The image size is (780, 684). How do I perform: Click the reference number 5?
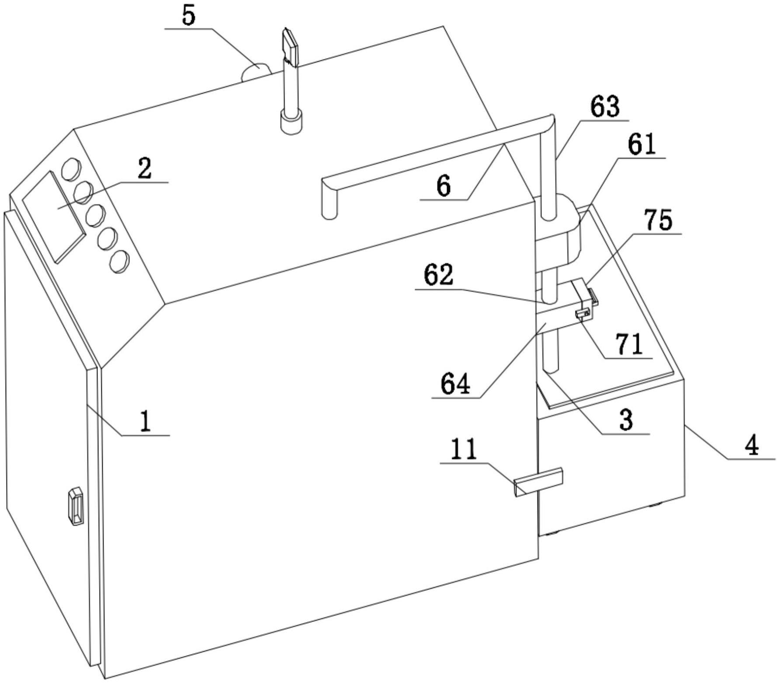pyautogui.click(x=188, y=16)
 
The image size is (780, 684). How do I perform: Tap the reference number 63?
pyautogui.click(x=605, y=108)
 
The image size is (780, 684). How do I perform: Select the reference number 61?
pyautogui.click(x=641, y=145)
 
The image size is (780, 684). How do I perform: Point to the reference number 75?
pyautogui.click(x=659, y=220)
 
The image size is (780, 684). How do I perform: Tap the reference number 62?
pyautogui.click(x=439, y=276)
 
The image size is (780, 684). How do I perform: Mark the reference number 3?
pyautogui.click(x=626, y=420)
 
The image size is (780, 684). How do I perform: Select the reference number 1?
pyautogui.click(x=146, y=422)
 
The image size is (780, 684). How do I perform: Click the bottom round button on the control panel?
pyautogui.click(x=119, y=262)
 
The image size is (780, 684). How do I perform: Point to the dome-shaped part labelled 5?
pyautogui.click(x=256, y=72)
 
